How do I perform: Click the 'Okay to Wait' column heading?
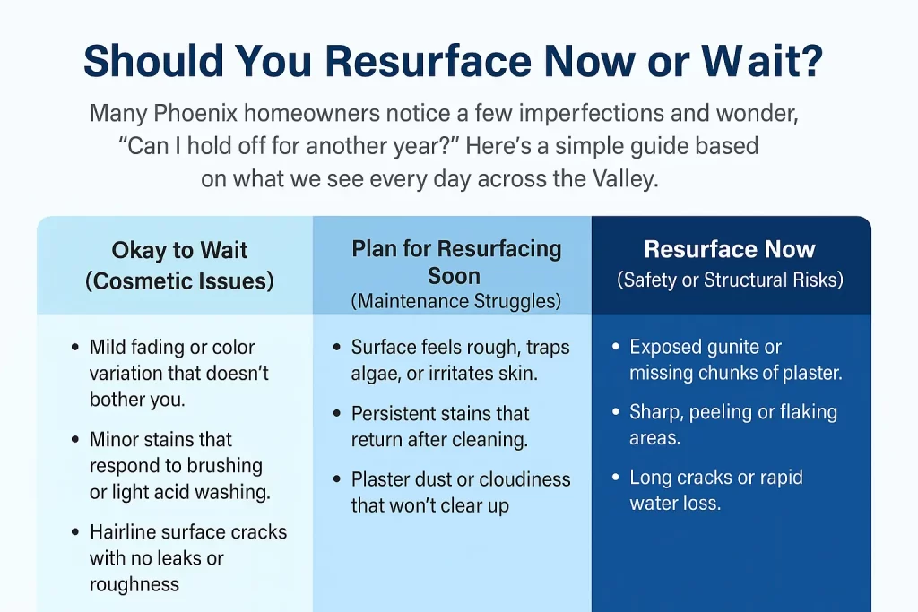tap(179, 250)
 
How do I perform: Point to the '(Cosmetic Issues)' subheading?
tap(179, 281)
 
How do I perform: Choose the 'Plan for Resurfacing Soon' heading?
tap(456, 261)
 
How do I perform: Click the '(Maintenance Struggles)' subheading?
tap(456, 302)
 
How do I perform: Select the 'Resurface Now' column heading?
tap(730, 249)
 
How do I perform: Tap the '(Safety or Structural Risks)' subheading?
tap(730, 280)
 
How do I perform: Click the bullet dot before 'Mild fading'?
tap(74, 348)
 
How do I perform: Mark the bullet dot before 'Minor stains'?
tap(74, 440)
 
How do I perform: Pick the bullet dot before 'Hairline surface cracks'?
tap(74, 532)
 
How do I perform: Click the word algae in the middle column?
tap(378, 374)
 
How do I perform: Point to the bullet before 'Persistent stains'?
tap(336, 415)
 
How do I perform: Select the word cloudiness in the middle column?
tap(521, 479)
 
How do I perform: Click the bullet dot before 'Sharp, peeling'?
tap(615, 412)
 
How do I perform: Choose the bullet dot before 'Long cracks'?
tap(615, 478)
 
